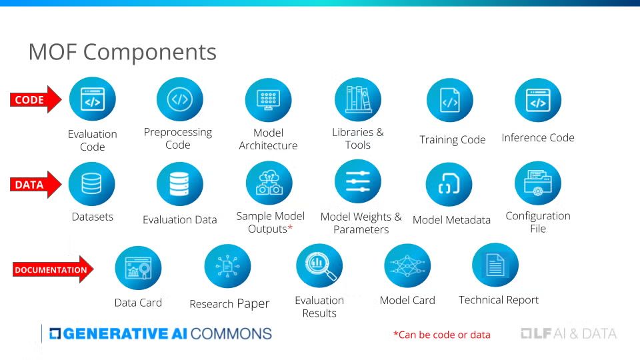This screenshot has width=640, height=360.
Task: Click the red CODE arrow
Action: click(x=35, y=99)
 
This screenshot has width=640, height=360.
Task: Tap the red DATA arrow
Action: click(x=35, y=185)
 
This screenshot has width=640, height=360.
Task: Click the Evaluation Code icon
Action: click(x=93, y=99)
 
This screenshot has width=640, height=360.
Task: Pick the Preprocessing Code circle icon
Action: click(x=179, y=99)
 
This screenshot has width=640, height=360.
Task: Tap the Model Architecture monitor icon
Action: click(x=268, y=100)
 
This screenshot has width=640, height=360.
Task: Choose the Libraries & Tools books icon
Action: click(x=358, y=99)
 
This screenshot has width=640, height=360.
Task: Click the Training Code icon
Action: click(x=450, y=100)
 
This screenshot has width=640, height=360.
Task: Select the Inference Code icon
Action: click(x=538, y=100)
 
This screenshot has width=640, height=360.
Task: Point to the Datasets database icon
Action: click(x=92, y=184)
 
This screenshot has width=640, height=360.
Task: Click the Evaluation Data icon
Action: click(x=179, y=184)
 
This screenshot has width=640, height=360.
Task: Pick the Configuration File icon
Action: click(x=538, y=183)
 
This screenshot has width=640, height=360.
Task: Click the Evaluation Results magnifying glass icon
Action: click(x=319, y=266)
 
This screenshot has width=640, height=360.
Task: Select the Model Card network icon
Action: click(x=407, y=266)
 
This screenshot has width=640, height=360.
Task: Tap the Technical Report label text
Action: click(x=499, y=300)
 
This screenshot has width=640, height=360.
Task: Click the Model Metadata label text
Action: click(x=451, y=220)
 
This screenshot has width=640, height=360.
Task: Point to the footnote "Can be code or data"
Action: click(x=441, y=335)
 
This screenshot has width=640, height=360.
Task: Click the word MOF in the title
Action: click(x=53, y=52)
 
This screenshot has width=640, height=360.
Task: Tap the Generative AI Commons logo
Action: click(x=161, y=333)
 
